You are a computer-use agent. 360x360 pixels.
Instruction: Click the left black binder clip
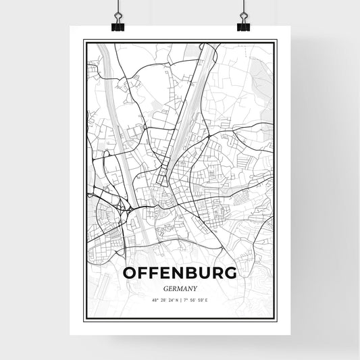[x=117, y=26]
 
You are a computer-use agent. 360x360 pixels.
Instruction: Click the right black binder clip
[x=243, y=26]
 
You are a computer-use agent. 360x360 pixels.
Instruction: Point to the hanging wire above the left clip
[x=117, y=8]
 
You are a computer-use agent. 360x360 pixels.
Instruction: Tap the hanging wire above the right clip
[x=243, y=8]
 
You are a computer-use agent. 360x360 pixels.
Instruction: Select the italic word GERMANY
[x=180, y=288]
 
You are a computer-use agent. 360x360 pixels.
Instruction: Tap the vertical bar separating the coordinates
[x=181, y=300]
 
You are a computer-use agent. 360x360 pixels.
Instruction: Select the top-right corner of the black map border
[x=277, y=41]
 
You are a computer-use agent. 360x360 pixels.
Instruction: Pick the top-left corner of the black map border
[x=84, y=41]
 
